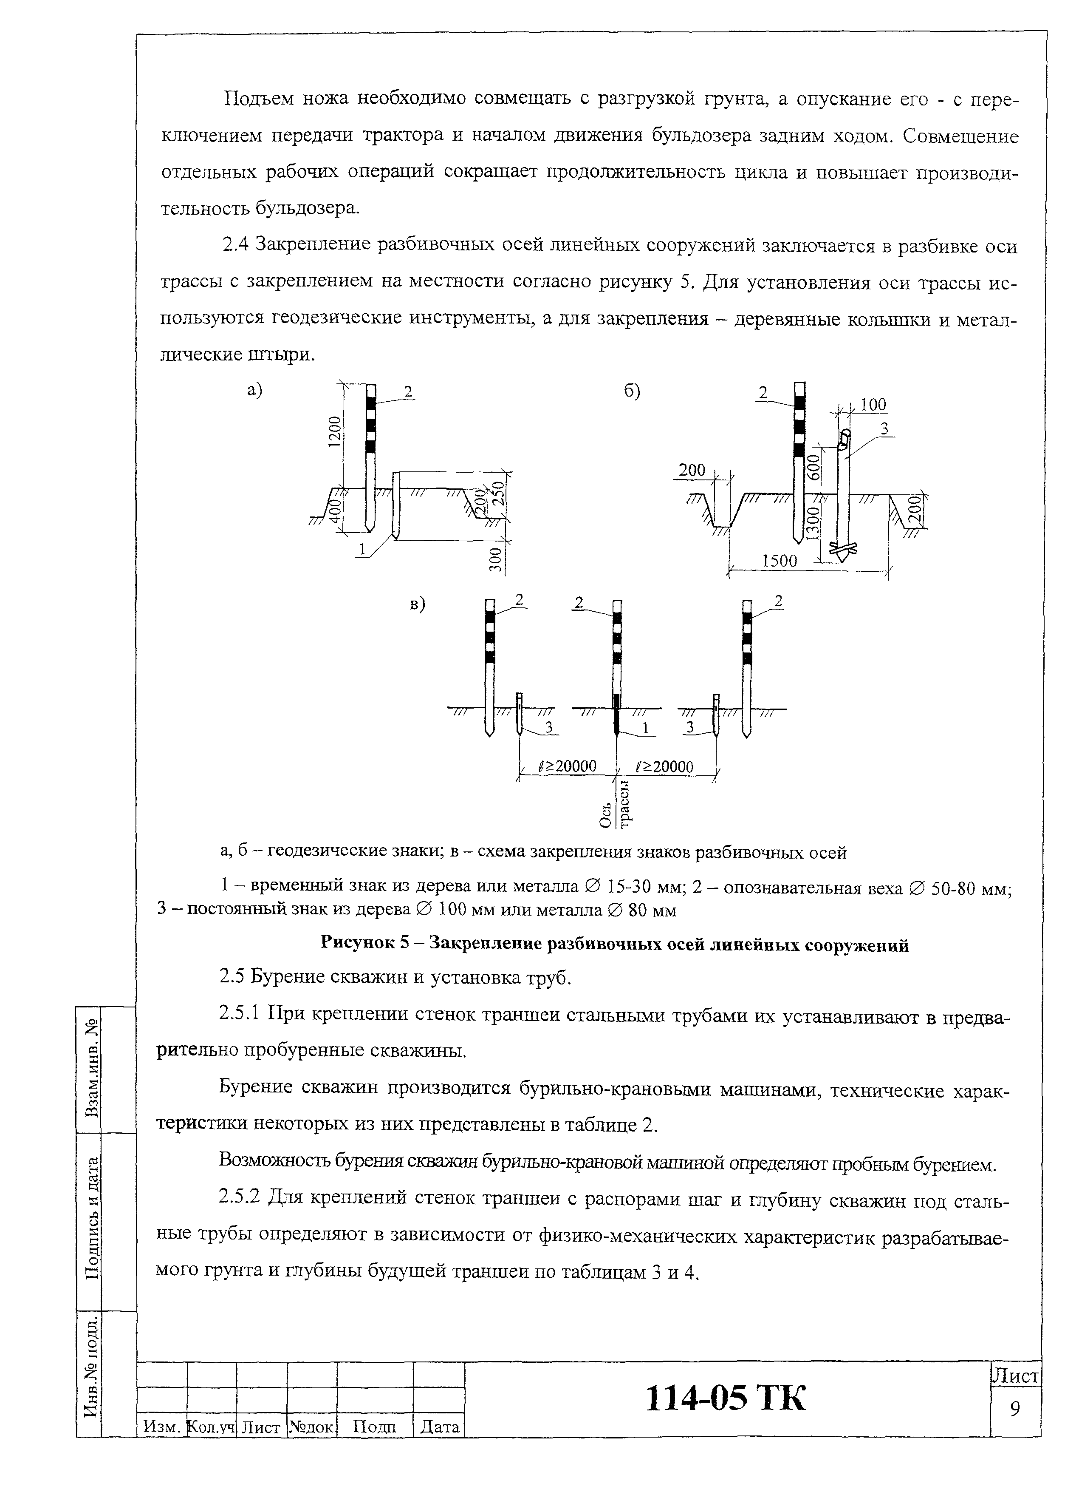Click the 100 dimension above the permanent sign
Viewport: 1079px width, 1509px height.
[x=873, y=405]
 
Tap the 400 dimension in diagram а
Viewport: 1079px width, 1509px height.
[x=336, y=509]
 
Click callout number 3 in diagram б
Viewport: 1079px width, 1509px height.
[x=884, y=429]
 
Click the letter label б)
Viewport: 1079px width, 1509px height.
[x=632, y=392]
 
